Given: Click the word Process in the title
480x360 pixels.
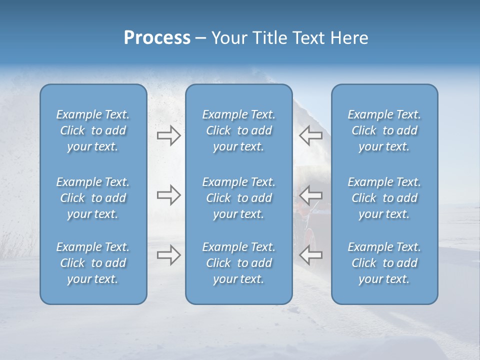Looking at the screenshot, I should point(157,38).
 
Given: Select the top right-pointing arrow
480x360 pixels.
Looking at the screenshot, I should point(168,135).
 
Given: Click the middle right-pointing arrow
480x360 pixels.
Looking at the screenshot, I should point(168,195).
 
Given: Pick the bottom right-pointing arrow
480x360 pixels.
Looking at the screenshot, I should point(168,255).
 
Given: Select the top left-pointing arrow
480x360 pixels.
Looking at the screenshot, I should point(310,135).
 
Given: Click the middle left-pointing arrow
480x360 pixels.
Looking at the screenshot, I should point(310,195).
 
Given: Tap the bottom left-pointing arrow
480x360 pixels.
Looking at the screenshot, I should point(310,255).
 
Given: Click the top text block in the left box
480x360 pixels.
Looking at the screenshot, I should point(93,130).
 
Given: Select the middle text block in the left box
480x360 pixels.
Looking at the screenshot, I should point(93,198).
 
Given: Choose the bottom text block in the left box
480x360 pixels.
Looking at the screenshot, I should point(93,263).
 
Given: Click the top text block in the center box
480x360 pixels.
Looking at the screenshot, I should point(238,130).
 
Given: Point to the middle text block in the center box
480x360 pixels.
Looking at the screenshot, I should point(238,198).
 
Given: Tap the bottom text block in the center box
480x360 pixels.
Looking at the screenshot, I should point(238,263).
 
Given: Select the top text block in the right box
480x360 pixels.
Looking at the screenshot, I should point(384,130).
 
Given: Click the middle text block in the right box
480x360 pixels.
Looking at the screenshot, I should point(384,198).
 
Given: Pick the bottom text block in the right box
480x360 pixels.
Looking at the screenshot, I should point(384,263).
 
